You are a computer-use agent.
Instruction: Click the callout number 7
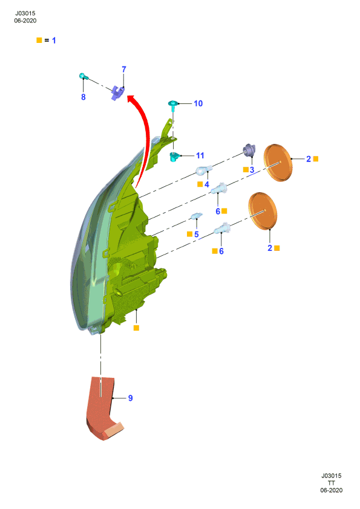click(124, 70)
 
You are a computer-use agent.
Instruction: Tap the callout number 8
click(83, 97)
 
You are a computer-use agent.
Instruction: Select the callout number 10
click(198, 103)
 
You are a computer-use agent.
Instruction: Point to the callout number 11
click(200, 156)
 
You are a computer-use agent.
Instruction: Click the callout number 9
click(130, 398)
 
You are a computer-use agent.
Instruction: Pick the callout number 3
click(252, 170)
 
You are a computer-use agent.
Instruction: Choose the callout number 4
click(207, 185)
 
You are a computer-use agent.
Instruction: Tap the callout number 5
click(196, 235)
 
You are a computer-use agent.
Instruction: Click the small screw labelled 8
click(82, 76)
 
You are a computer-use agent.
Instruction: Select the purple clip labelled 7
click(117, 92)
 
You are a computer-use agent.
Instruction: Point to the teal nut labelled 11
click(175, 157)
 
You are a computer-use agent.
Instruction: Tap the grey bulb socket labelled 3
click(249, 151)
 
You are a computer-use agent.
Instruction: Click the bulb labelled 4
click(204, 170)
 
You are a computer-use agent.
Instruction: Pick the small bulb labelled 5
click(197, 216)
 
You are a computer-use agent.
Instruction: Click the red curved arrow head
click(131, 99)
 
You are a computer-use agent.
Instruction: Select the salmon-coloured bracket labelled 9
click(103, 407)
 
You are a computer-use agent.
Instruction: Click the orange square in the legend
click(39, 41)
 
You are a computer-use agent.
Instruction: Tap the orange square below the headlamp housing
click(137, 328)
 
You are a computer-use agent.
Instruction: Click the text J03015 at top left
click(25, 13)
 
